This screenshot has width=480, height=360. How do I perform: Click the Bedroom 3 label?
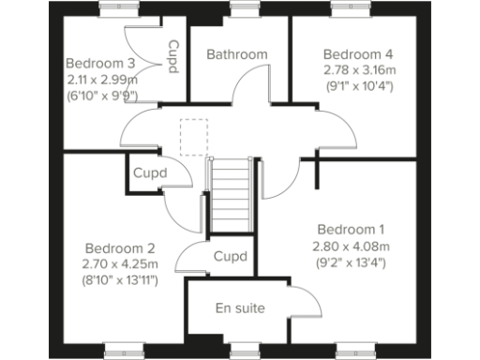pyautogui.click(x=100, y=63)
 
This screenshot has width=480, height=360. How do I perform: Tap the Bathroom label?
pyautogui.click(x=237, y=54)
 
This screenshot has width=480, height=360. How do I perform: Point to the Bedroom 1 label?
pyautogui.click(x=351, y=230)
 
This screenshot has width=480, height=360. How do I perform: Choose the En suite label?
pyautogui.click(x=240, y=307)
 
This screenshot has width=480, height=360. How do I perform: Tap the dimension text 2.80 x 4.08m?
pyautogui.click(x=351, y=247)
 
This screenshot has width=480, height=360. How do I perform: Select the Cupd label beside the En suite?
pyautogui.click(x=230, y=256)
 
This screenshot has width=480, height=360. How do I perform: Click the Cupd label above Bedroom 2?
pyautogui.click(x=149, y=173)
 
